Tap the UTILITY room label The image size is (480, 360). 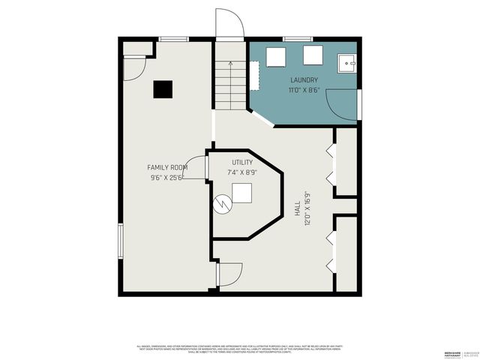[242, 162]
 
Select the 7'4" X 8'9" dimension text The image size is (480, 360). [242, 172]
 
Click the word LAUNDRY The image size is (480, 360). [304, 80]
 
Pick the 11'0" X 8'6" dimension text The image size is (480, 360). [304, 90]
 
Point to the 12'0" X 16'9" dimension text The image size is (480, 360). [307, 201]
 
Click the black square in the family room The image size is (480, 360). [163, 89]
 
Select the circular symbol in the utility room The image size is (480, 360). [223, 203]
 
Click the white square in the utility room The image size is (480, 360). [242, 194]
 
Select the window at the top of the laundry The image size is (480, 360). [298, 38]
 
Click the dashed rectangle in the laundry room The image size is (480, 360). [254, 74]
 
